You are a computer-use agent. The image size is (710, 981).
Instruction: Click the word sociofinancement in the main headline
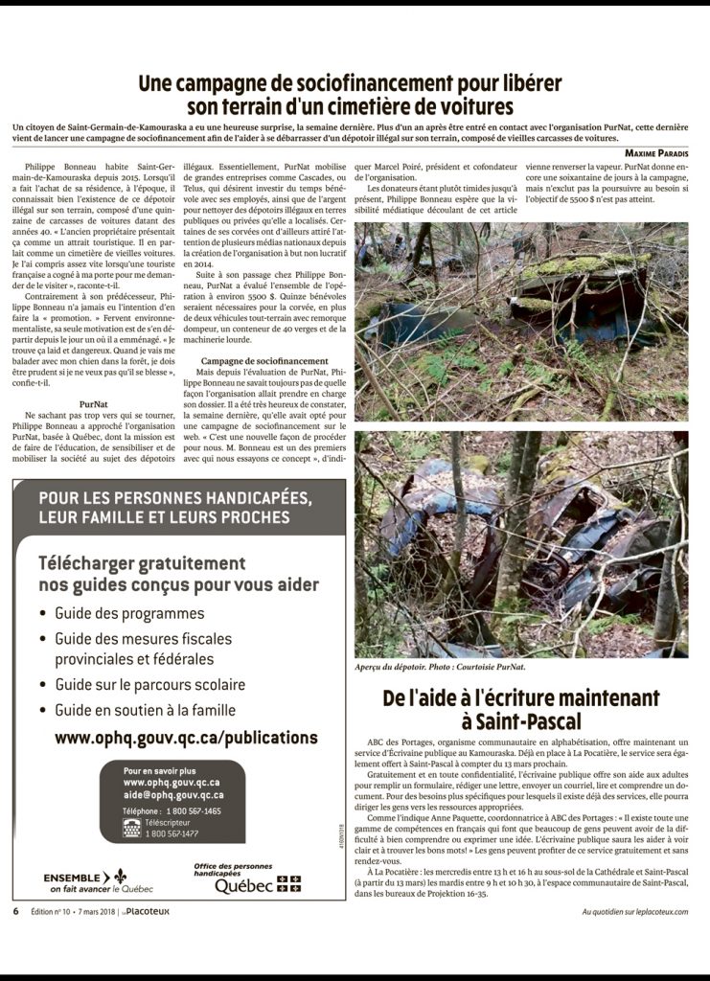pyautogui.click(x=376, y=83)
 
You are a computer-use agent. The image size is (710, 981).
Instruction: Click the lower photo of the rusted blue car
pyautogui.click(x=521, y=544)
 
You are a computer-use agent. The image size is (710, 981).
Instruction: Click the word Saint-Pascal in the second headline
pyautogui.click(x=533, y=720)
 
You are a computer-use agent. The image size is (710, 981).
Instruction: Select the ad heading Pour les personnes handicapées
pyautogui.click(x=174, y=508)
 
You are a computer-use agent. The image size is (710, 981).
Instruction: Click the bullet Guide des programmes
pyautogui.click(x=129, y=613)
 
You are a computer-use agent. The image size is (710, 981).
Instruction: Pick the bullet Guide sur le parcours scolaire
pyautogui.click(x=149, y=685)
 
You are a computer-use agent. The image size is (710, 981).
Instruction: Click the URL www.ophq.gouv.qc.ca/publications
pyautogui.click(x=186, y=738)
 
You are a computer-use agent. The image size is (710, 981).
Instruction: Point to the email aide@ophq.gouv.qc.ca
pyautogui.click(x=173, y=795)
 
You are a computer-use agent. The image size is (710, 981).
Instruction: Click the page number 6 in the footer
pyautogui.click(x=15, y=910)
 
